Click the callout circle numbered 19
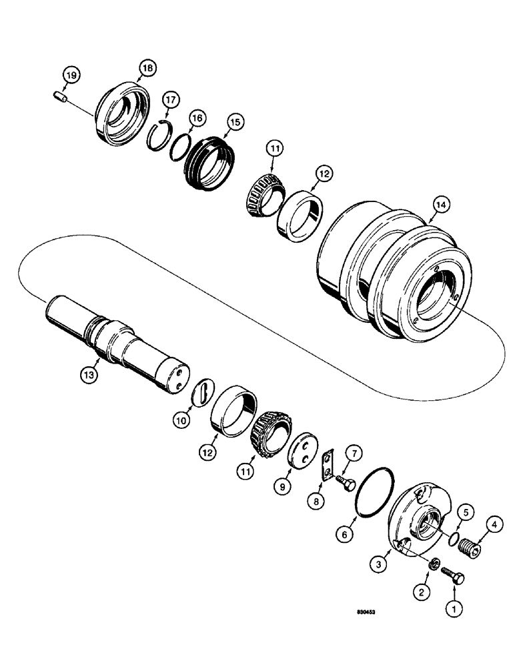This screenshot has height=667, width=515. [71, 75]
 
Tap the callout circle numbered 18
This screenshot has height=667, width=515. [147, 67]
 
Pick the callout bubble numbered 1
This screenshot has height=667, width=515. [456, 608]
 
